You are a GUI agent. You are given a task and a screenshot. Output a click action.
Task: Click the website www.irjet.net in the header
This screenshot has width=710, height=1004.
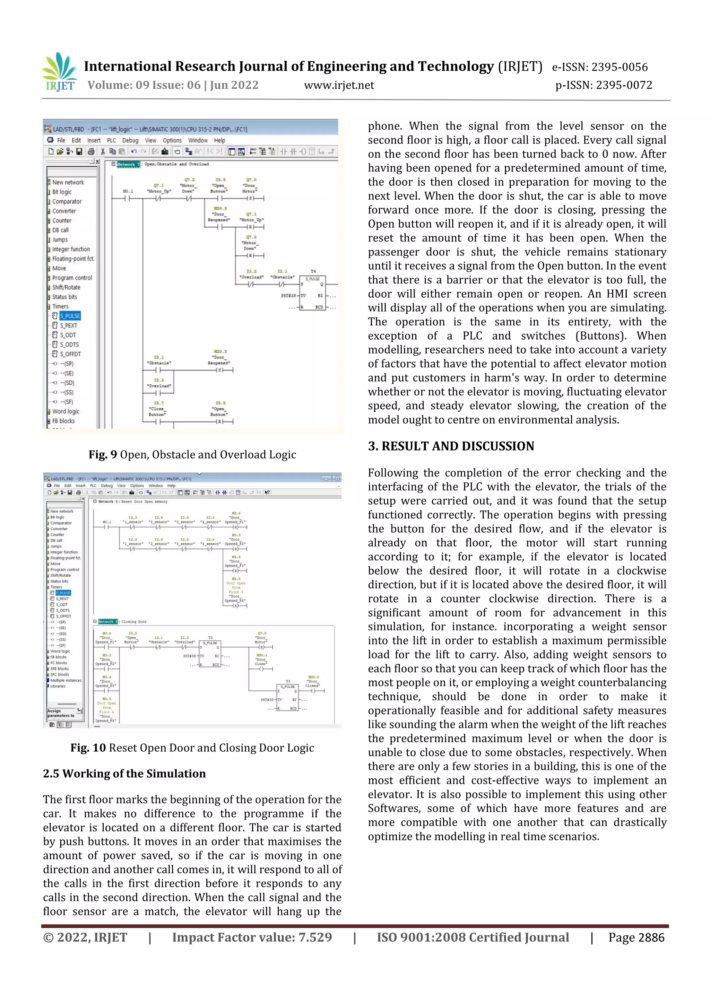click(339, 85)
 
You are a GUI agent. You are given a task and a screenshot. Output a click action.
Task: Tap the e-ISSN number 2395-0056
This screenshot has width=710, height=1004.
click(620, 67)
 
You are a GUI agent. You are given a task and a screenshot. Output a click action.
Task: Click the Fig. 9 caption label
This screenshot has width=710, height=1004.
click(103, 455)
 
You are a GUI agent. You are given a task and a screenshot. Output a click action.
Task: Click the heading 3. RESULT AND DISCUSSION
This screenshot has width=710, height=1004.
click(451, 446)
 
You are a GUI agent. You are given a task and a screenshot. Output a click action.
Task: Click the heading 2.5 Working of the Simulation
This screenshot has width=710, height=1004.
click(124, 774)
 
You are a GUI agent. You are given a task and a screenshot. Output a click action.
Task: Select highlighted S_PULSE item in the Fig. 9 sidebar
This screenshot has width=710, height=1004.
click(70, 316)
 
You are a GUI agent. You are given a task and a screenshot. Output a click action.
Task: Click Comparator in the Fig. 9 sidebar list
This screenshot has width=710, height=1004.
click(67, 202)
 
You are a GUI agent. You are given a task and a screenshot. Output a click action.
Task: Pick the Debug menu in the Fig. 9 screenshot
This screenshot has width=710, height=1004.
click(130, 140)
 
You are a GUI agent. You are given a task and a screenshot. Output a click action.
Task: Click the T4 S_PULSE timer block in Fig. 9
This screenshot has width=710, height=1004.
click(312, 293)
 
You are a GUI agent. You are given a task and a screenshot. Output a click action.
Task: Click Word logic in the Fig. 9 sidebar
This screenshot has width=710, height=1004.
click(66, 411)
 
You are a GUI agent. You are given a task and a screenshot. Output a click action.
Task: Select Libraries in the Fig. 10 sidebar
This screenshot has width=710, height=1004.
click(58, 686)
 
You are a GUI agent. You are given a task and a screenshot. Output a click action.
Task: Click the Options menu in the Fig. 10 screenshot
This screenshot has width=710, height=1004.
click(137, 486)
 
